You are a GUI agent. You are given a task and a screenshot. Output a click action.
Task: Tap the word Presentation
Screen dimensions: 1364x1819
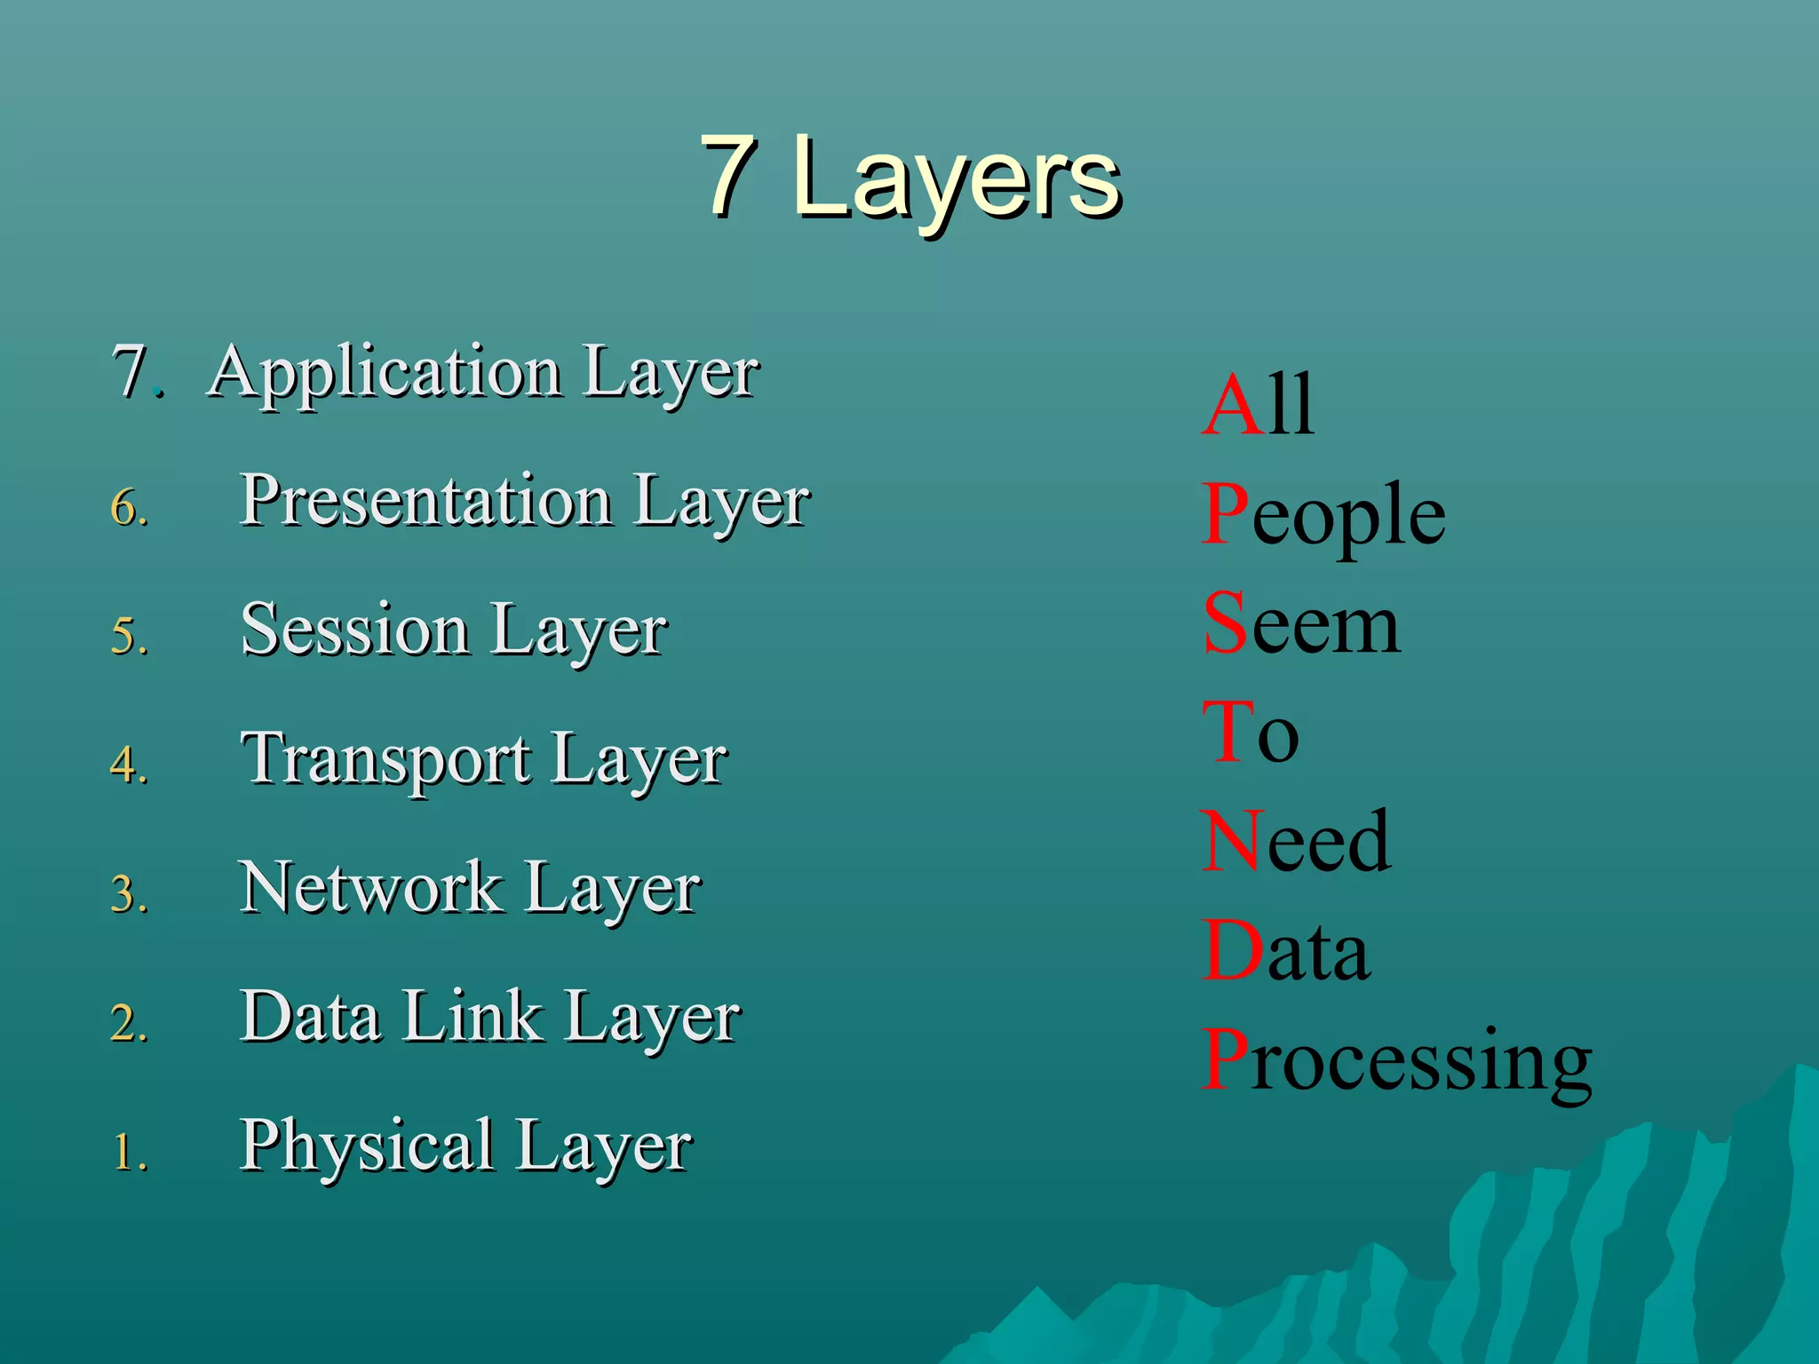coord(426,501)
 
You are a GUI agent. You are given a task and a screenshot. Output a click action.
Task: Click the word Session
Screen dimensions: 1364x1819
coord(354,630)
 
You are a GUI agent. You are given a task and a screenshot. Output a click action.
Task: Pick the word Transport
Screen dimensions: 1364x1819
coord(386,760)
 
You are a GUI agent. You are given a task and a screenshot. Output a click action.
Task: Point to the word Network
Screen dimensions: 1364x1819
coord(370,888)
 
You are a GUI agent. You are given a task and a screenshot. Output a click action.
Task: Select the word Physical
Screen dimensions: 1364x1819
coord(367,1146)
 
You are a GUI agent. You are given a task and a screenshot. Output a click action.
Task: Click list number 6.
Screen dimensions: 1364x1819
coord(129,508)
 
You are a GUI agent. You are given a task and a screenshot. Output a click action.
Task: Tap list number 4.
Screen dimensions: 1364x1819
coord(129,765)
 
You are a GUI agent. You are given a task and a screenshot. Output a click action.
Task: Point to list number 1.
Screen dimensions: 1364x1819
coord(129,1152)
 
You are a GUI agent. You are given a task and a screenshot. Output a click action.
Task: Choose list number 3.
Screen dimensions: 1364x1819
coord(129,894)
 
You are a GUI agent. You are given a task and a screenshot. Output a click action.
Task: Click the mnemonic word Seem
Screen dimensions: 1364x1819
coord(1301,625)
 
